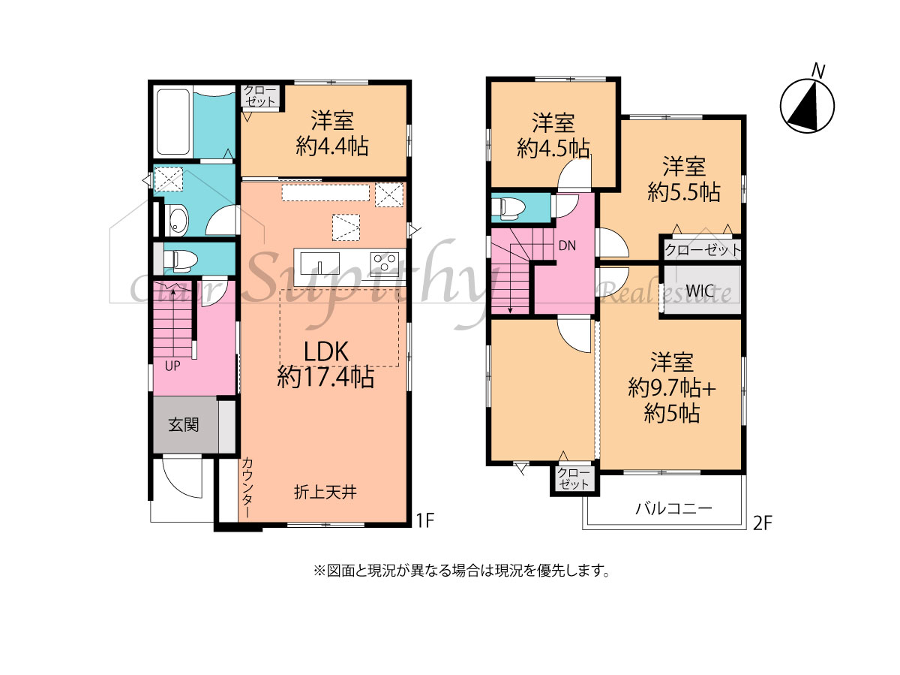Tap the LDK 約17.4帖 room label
click(325, 364)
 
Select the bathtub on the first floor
click(172, 122)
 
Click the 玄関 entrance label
click(184, 425)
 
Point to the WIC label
click(700, 291)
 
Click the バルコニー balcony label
click(673, 509)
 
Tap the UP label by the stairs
click(172, 366)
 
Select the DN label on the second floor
click(568, 246)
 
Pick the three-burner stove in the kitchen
click(384, 263)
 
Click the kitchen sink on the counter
click(319, 263)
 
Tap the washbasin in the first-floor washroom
click(177, 220)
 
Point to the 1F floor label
click(424, 520)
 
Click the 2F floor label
click(763, 523)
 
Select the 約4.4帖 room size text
click(332, 146)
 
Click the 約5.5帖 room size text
click(684, 191)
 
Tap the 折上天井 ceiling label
click(325, 492)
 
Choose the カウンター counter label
click(247, 488)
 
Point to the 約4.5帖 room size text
click(553, 148)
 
